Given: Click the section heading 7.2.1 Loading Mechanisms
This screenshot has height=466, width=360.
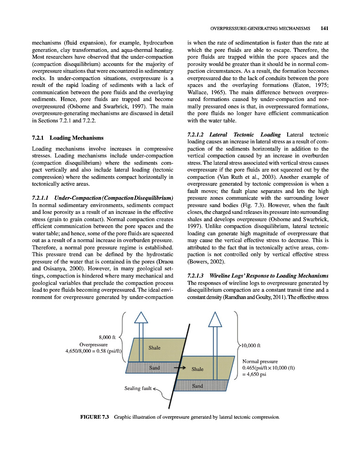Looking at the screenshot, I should [68, 138].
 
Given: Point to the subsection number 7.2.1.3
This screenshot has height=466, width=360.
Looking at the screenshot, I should [198, 276].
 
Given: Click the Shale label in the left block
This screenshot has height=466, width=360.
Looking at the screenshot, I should [154, 348].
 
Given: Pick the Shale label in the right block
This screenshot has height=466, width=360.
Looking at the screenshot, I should [198, 369].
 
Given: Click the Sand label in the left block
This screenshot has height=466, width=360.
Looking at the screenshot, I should [154, 367].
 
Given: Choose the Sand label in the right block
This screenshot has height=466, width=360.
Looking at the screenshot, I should [197, 386].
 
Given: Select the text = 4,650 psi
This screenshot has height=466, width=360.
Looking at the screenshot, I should [257, 375].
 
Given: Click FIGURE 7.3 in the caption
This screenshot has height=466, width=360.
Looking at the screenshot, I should [95, 417].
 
